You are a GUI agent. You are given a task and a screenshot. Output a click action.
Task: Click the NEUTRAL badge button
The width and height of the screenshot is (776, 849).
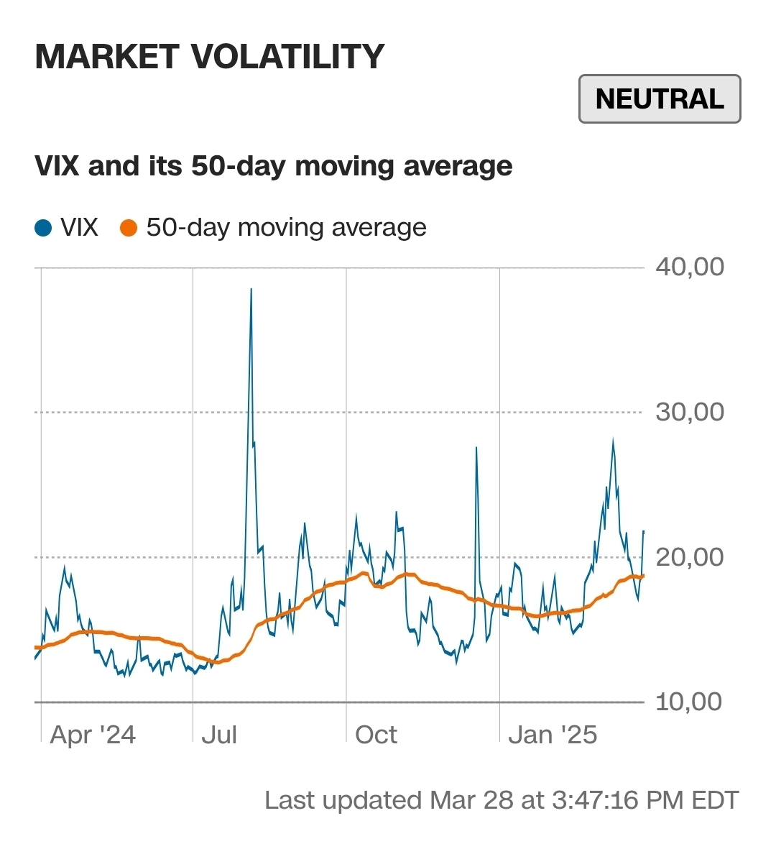point(659,99)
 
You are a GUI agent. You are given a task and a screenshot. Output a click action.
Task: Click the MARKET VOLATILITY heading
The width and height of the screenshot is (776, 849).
point(210,57)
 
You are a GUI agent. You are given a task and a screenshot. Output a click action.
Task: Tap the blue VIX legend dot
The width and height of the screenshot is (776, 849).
point(44,229)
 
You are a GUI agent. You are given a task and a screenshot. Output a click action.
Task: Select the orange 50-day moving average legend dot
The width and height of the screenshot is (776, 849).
point(129,229)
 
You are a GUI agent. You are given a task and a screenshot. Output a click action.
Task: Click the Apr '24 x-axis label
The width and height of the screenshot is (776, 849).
point(93,735)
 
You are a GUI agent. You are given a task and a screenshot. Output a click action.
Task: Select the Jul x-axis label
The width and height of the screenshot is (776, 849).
point(219,735)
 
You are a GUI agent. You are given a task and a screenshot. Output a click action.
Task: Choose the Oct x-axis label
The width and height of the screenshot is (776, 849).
point(376,735)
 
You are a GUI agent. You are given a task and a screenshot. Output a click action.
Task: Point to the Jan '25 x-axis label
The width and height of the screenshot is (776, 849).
point(553,735)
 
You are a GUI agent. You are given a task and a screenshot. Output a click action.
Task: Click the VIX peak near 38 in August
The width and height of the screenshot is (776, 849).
point(251,290)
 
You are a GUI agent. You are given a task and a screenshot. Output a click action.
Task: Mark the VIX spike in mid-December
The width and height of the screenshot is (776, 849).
point(476,449)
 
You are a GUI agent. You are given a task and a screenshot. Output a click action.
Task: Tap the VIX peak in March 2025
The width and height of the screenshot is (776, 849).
point(613,440)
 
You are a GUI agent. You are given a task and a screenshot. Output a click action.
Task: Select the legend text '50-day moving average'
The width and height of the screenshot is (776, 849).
point(286,228)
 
